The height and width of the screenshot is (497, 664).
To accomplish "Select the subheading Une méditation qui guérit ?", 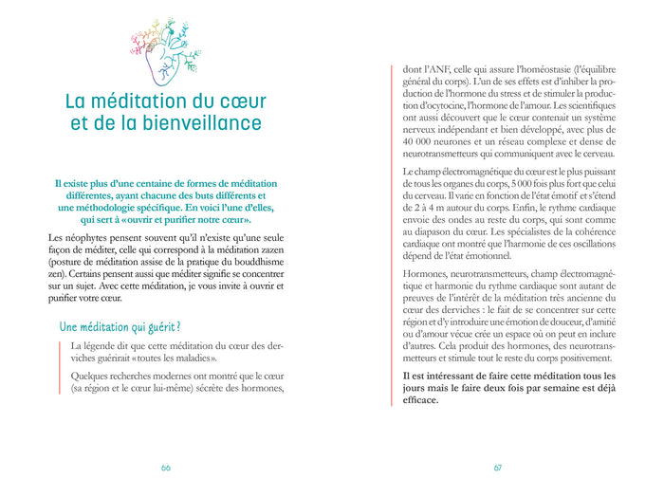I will pos(120,327).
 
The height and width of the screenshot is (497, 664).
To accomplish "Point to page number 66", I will pos(166,468).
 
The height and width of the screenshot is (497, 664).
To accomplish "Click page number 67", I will pos(497,468).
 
